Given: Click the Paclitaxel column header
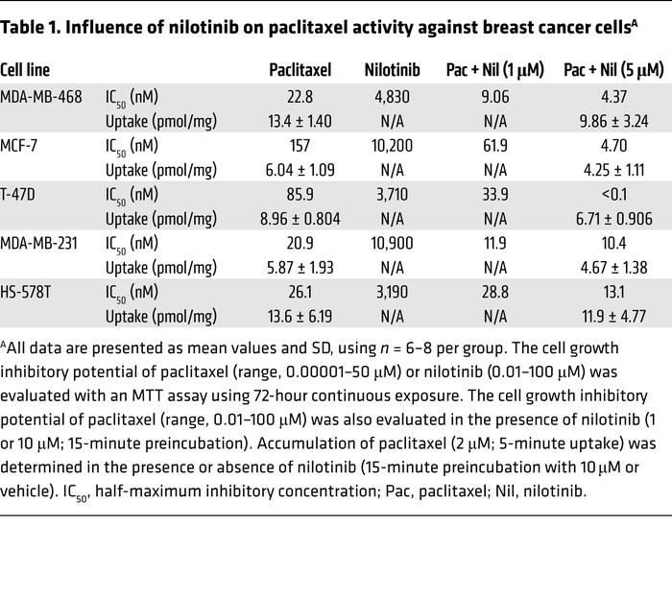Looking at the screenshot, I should pyautogui.click(x=300, y=70).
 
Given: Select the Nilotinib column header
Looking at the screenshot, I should pyautogui.click(x=392, y=70).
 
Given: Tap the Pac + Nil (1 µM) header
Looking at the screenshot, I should pyautogui.click(x=492, y=70).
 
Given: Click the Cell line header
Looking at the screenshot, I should pyautogui.click(x=25, y=70).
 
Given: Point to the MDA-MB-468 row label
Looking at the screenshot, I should pyautogui.click(x=41, y=97).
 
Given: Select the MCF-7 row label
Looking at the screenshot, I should pyautogui.click(x=21, y=146).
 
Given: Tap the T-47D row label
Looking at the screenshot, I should pyautogui.click(x=20, y=195).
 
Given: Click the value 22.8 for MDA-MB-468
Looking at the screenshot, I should pyautogui.click(x=300, y=97).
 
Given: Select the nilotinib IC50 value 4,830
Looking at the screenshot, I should pyautogui.click(x=392, y=97).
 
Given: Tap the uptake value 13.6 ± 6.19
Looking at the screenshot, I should pyautogui.click(x=300, y=317).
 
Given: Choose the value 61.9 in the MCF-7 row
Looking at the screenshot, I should pyautogui.click(x=492, y=146).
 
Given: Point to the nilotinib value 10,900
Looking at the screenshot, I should pyautogui.click(x=392, y=244).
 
